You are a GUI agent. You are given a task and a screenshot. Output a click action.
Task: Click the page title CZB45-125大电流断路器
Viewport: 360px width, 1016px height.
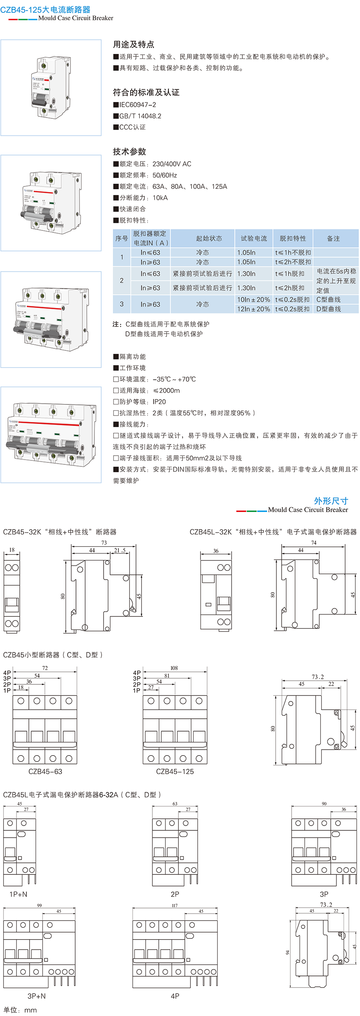[45, 10]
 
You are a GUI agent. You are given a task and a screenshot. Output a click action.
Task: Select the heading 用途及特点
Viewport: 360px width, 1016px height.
[133, 44]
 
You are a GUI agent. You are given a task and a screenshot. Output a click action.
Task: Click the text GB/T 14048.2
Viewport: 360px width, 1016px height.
[140, 116]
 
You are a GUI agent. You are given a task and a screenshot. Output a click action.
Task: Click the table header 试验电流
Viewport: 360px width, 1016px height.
[254, 238]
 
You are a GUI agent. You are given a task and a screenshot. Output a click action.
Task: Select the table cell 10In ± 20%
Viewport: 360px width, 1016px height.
[253, 300]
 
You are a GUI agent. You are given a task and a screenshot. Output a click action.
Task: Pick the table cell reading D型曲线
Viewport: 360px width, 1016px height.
[328, 309]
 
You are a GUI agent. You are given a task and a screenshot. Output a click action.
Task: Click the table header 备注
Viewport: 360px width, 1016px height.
[333, 238]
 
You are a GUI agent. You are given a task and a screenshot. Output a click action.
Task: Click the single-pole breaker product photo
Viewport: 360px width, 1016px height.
[51, 88]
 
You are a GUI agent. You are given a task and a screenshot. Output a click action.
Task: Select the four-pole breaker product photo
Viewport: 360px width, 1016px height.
[51, 435]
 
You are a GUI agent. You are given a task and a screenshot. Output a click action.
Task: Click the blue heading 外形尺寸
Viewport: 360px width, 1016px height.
[331, 501]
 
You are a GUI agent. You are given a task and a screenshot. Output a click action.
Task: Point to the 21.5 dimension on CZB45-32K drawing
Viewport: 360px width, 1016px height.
[120, 550]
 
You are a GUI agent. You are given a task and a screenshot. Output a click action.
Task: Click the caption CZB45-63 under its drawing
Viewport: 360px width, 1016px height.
[45, 772]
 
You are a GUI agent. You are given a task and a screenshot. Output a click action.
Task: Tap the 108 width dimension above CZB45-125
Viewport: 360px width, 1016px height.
[174, 668]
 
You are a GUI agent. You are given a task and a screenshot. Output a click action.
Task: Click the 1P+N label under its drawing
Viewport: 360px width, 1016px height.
[18, 894]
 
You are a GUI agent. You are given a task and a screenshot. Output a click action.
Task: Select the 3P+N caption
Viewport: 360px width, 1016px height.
[36, 996]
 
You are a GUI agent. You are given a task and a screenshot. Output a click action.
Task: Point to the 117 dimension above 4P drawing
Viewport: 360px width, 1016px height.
[174, 905]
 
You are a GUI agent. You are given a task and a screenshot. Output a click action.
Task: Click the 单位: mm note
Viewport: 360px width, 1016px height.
[20, 1010]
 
